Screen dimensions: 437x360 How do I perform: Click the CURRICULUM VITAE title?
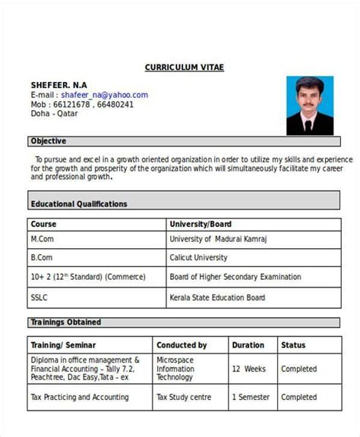coord(185,68)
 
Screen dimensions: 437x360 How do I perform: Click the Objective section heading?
coord(49,141)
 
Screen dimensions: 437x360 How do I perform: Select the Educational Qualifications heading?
coord(79,204)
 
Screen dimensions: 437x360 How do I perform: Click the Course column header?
coord(43,225)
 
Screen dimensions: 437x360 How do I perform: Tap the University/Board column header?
coord(201,225)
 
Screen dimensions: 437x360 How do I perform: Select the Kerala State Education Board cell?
coord(218,297)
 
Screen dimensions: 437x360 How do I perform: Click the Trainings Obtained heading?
coord(65,322)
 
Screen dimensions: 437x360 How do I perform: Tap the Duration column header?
coord(248,345)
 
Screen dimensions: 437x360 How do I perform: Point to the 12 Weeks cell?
coord(248,369)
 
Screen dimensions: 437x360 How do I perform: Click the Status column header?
coord(293,345)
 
